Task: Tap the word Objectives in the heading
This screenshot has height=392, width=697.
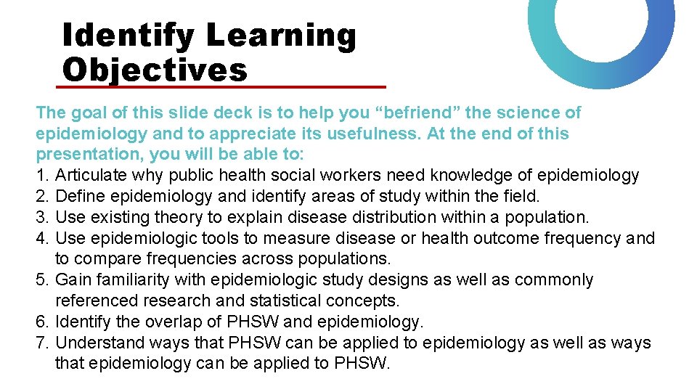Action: tap(155, 70)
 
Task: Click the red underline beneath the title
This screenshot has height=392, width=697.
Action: tap(221, 87)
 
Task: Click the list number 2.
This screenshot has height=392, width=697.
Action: tap(41, 196)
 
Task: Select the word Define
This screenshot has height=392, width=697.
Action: tap(78, 196)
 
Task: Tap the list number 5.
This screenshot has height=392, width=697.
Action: tap(41, 280)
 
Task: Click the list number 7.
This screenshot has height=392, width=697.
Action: tap(41, 343)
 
